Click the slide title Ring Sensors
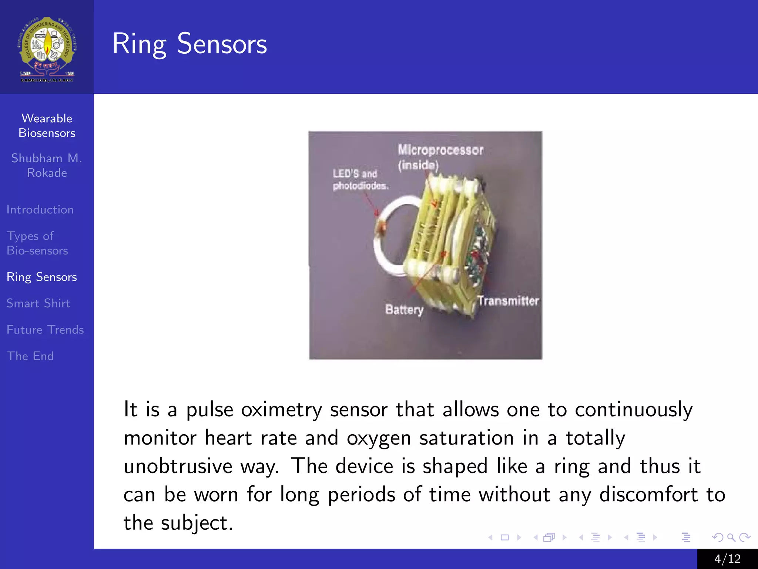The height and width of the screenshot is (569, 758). (x=189, y=44)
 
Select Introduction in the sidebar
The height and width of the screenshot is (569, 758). (x=40, y=210)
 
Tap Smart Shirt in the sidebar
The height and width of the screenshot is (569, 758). (x=38, y=303)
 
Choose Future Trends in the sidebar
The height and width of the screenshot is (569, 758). (x=45, y=330)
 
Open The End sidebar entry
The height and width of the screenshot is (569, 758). (x=30, y=356)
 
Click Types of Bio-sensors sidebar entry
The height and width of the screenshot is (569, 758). (x=37, y=243)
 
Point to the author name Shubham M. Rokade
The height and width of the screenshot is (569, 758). (x=47, y=165)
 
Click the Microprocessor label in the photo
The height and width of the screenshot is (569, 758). (x=440, y=150)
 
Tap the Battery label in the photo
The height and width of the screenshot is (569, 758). (x=404, y=309)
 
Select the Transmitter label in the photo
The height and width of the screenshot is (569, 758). (x=507, y=301)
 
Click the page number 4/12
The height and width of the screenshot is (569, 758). (x=727, y=559)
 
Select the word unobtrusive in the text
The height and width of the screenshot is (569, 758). (x=178, y=466)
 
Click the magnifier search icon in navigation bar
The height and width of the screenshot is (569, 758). (x=731, y=537)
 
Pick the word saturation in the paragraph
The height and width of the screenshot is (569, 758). (x=466, y=438)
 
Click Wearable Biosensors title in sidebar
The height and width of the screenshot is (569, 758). (x=47, y=126)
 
